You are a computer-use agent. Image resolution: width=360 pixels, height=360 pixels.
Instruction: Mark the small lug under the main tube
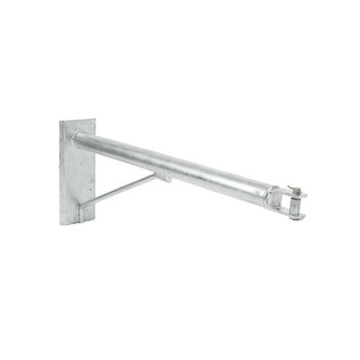[169, 179]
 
